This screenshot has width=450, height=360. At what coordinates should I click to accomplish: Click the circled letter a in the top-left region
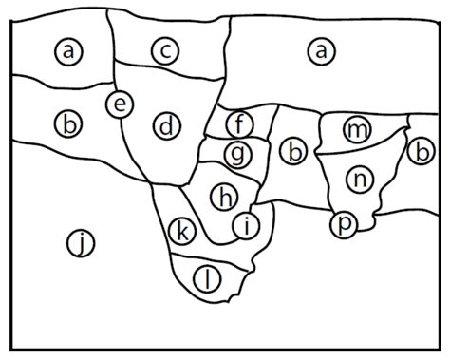coord(68,51)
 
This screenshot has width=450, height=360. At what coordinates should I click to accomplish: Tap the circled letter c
coord(165,51)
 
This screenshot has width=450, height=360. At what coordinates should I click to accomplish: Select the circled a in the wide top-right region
coord(324,51)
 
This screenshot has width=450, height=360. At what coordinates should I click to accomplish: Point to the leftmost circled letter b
coord(68,123)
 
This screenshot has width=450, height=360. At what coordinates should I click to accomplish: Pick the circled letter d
coord(165,125)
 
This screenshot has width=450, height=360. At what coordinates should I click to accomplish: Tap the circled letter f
coord(240,123)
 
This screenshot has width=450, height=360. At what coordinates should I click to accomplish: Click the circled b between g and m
coord(295,150)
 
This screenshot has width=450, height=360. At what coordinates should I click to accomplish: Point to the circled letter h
coord(224,197)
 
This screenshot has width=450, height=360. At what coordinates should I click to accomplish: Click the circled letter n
coord(358,178)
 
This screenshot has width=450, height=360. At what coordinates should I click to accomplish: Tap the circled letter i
coord(246,225)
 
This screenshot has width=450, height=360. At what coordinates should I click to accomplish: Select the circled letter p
coord(344,224)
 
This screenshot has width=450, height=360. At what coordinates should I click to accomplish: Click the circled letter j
coord(82,246)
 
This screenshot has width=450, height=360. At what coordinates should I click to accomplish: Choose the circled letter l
coord(207,277)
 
